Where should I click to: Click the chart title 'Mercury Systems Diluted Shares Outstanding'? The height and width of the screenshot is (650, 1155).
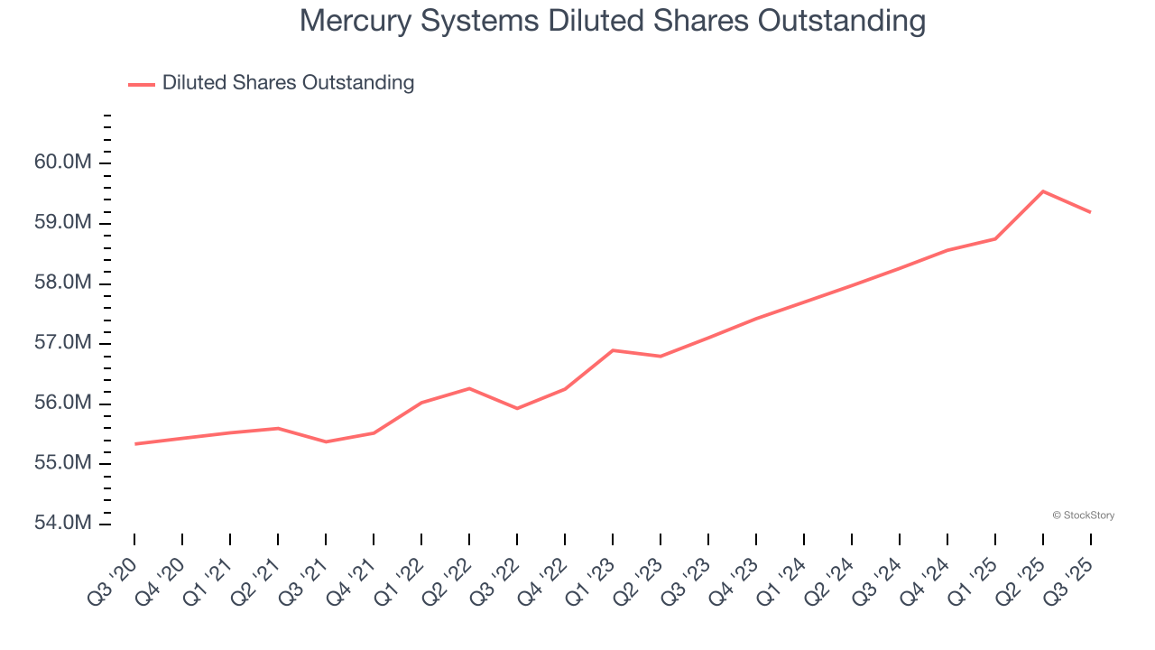612,21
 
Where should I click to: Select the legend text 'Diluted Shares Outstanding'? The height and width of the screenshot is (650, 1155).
288,83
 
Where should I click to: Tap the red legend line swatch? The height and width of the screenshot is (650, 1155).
142,84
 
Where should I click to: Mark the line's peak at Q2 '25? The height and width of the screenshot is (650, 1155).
1043,191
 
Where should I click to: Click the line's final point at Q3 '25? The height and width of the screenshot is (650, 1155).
1091,212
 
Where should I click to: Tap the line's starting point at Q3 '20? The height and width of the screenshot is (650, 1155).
134,444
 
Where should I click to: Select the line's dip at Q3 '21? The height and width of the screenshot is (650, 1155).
326,441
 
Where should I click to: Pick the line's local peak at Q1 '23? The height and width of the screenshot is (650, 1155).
613,350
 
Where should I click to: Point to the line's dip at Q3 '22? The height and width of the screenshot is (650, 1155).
517,408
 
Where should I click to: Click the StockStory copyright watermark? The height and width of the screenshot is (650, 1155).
1083,515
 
